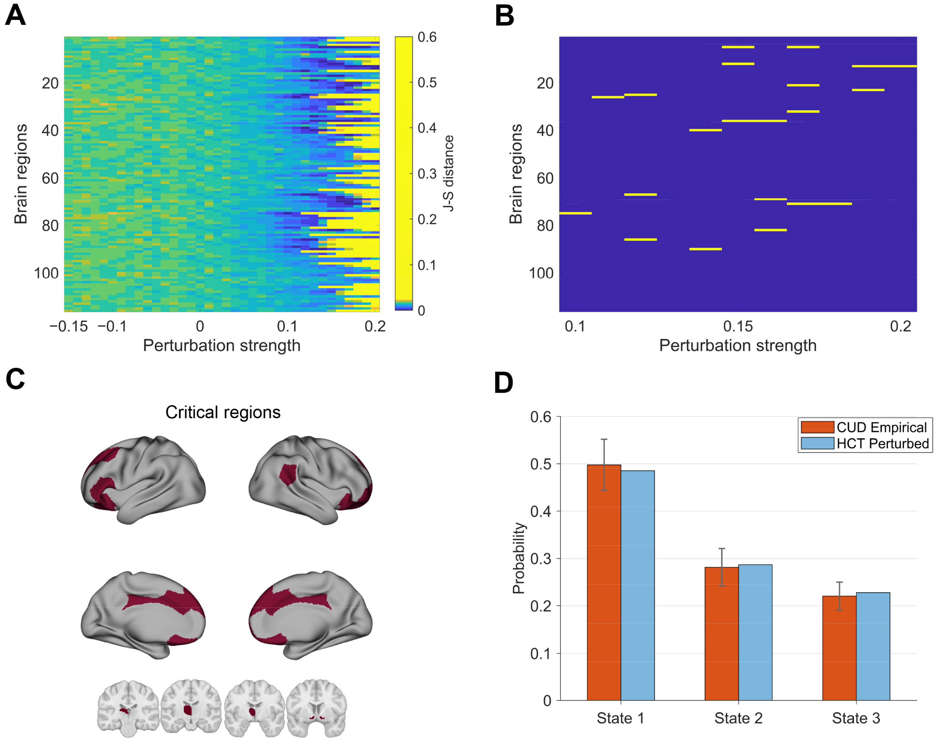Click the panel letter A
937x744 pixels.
coord(15,16)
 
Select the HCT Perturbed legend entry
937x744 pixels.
coord(882,443)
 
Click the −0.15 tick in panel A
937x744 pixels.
coord(69,326)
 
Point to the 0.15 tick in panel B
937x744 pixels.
coord(738,326)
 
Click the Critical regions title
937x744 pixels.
coord(223,412)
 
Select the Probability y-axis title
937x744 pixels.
coord(519,558)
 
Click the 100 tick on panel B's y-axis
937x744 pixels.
coord(541,273)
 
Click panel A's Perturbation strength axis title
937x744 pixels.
coord(222,346)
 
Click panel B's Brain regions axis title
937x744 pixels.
coord(516,174)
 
